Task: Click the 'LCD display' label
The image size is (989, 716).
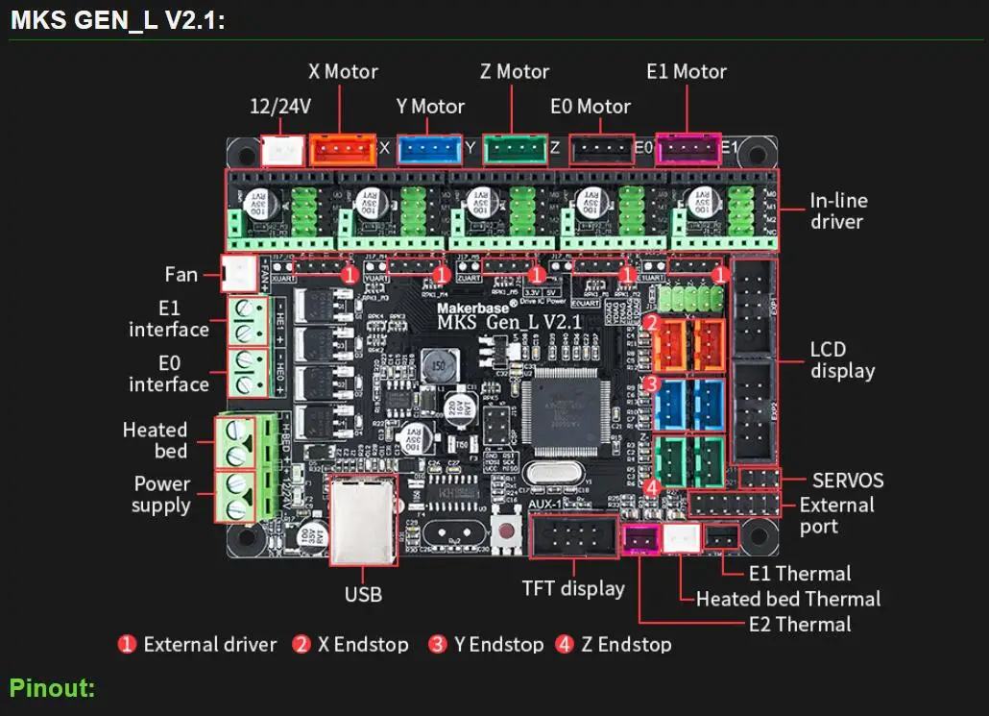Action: click(x=842, y=359)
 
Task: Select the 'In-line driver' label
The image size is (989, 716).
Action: click(x=837, y=210)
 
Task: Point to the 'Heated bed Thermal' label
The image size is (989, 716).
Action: click(x=787, y=599)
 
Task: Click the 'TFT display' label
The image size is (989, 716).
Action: click(x=572, y=588)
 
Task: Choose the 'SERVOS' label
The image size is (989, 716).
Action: click(x=848, y=480)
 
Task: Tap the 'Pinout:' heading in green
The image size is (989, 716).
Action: click(x=53, y=688)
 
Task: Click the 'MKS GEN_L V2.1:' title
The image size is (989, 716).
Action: click(x=118, y=21)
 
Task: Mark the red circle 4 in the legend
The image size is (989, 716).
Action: click(x=564, y=644)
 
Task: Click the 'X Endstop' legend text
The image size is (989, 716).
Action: click(x=363, y=644)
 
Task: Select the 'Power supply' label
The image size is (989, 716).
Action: click(x=161, y=494)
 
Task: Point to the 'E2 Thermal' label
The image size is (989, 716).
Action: click(x=799, y=624)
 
